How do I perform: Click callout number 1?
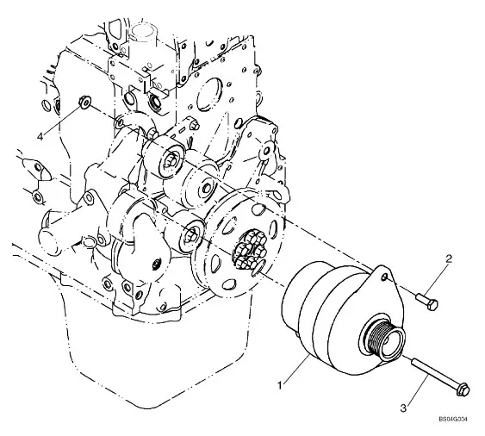tap(280, 385)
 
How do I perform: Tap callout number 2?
tap(449, 258)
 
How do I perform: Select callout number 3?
tap(403, 408)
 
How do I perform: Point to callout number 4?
tap(40, 136)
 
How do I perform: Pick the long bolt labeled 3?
tap(440, 375)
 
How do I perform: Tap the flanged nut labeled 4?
tap(84, 103)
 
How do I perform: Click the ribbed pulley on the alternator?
tap(383, 339)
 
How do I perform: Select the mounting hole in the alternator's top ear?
tap(384, 277)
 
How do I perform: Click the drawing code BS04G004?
tap(453, 420)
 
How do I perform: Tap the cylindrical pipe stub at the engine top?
tap(144, 34)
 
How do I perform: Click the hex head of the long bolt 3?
tap(463, 389)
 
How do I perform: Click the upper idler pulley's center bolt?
tap(171, 161)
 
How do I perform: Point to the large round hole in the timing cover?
tap(209, 95)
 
